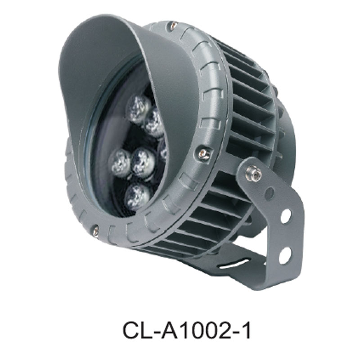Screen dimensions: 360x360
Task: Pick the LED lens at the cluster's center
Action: [x=144, y=160]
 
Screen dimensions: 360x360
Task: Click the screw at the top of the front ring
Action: [x=172, y=28]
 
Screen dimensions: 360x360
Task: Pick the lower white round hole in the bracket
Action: [x=284, y=255]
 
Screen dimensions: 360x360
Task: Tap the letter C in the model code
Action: [x=131, y=330]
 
